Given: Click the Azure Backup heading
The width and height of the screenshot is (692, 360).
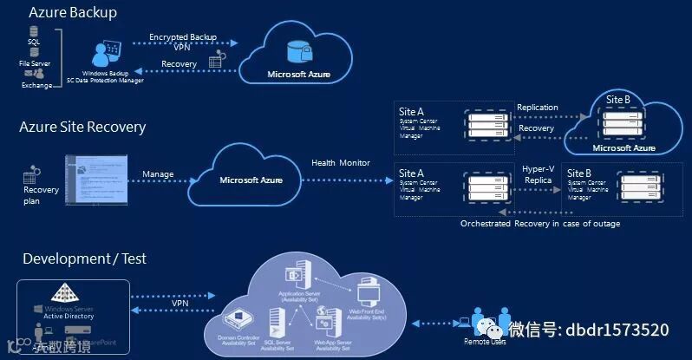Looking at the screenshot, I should click(73, 13).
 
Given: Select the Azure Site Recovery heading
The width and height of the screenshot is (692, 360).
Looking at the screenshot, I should click(82, 128).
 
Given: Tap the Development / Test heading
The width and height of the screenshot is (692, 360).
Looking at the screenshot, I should click(84, 259).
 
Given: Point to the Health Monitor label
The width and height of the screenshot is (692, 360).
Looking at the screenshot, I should click(341, 163).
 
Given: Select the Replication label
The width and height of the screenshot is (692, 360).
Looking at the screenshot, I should click(538, 108).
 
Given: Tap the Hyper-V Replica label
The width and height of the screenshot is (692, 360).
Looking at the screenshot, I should click(538, 173).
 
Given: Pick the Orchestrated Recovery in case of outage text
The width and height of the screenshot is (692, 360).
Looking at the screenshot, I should click(539, 224).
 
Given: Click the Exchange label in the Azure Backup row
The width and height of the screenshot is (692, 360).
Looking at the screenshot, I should click(37, 85).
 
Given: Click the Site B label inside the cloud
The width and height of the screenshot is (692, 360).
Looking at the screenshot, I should click(618, 100).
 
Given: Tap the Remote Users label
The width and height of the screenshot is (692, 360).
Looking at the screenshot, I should click(485, 342).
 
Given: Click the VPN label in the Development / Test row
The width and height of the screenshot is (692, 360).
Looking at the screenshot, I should click(180, 304).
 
